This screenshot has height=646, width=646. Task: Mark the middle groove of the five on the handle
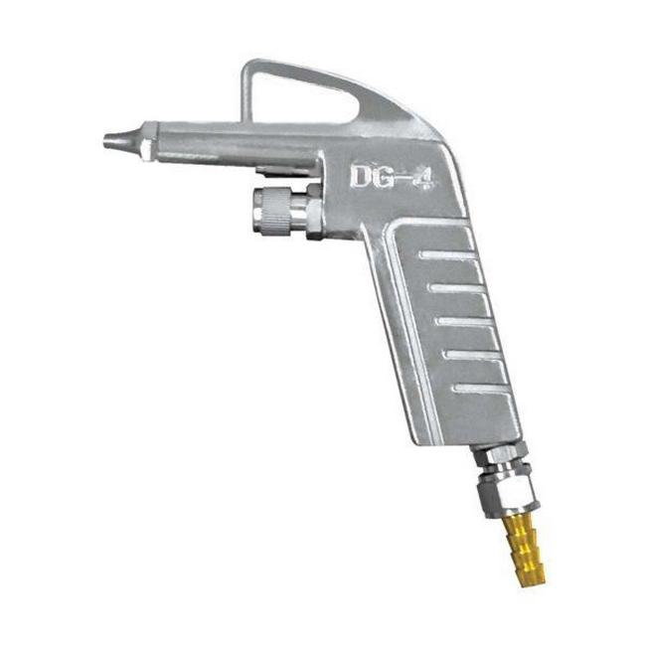pyautogui.click(x=466, y=321)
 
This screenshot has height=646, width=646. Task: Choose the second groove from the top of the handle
pyautogui.click(x=456, y=289)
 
